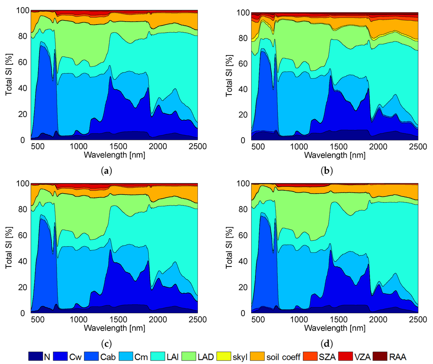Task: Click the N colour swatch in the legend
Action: point(36,357)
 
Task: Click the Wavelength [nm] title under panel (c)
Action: point(115,328)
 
